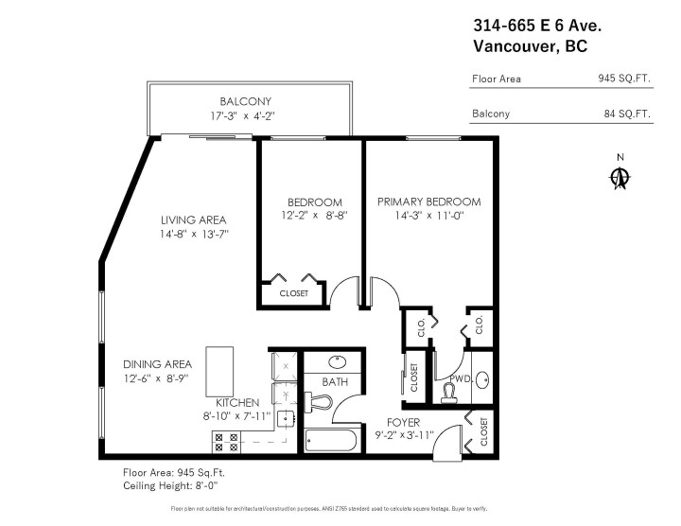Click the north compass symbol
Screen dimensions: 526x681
point(620,176)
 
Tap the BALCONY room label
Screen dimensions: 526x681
point(245,101)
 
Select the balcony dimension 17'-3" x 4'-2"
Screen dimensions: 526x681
point(245,116)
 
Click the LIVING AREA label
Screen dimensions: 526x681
point(193,219)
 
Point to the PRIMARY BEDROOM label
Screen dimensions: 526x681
point(428,202)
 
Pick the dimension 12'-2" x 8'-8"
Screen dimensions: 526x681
point(314,216)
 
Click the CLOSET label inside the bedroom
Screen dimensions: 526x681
point(294,293)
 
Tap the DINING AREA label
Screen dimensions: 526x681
point(157,364)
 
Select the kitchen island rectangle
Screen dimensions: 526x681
point(220,371)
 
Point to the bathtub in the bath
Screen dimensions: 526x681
point(330,440)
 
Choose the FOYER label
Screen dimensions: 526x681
point(403,422)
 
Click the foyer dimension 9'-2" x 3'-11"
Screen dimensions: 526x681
point(403,435)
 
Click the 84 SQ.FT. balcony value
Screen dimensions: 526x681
point(628,114)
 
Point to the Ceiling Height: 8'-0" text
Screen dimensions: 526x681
point(170,485)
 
